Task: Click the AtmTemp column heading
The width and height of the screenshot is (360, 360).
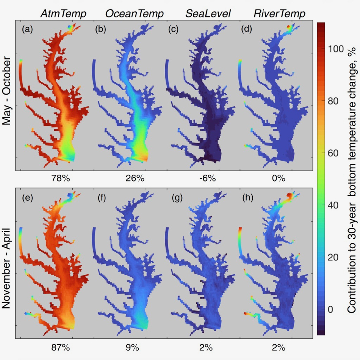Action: (64, 14)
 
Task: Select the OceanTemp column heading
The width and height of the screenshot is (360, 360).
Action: (135, 14)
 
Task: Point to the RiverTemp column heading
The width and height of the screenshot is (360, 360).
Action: (279, 14)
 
